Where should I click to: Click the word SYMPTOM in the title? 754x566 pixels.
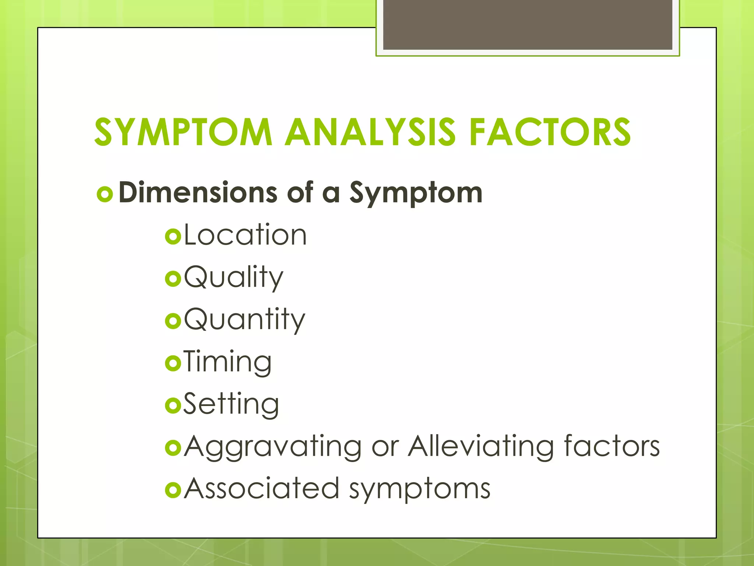pyautogui.click(x=183, y=132)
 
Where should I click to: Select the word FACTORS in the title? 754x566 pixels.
pyautogui.click(x=550, y=132)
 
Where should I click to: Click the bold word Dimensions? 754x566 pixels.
pyautogui.click(x=198, y=192)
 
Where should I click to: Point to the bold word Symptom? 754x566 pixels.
pyautogui.click(x=416, y=193)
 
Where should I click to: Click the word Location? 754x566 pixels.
pyautogui.click(x=245, y=235)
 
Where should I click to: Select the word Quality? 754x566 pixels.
pyautogui.click(x=233, y=277)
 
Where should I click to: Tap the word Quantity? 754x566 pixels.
pyautogui.click(x=244, y=320)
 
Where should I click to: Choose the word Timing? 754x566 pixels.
pyautogui.click(x=228, y=362)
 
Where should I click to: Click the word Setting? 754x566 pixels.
pyautogui.click(x=231, y=405)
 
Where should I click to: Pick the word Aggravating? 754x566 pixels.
pyautogui.click(x=272, y=447)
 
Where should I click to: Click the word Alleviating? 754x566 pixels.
pyautogui.click(x=481, y=447)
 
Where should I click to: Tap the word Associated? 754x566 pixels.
pyautogui.click(x=261, y=489)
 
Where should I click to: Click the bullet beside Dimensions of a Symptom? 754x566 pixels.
pyautogui.click(x=105, y=194)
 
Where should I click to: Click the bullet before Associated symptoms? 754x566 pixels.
pyautogui.click(x=173, y=490)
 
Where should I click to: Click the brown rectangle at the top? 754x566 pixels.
pyautogui.click(x=528, y=24)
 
